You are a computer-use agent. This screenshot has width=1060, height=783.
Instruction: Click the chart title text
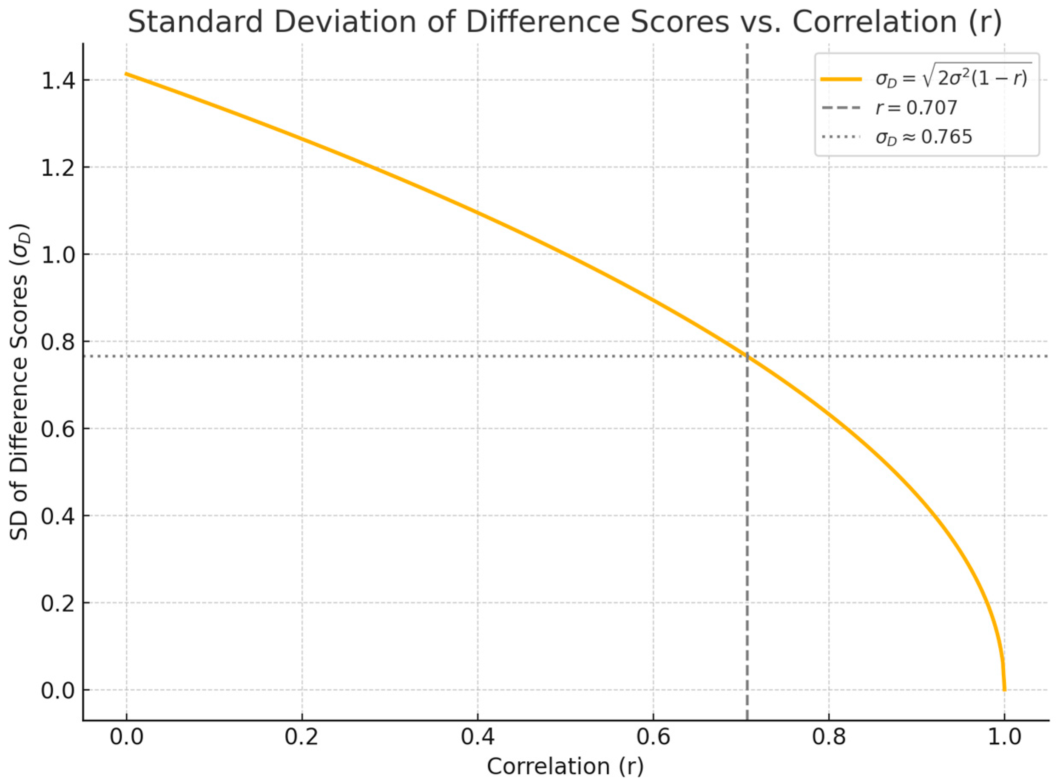click(564, 22)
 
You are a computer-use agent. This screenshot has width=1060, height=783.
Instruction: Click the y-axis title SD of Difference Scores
click(20, 382)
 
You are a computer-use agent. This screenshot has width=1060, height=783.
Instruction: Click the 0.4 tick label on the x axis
click(477, 738)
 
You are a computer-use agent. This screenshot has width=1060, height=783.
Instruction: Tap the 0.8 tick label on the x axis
click(829, 738)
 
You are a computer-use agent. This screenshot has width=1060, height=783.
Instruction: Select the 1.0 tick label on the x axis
click(1004, 738)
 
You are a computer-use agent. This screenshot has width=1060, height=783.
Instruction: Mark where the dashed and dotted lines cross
click(747, 356)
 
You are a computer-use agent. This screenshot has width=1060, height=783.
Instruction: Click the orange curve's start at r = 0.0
click(127, 74)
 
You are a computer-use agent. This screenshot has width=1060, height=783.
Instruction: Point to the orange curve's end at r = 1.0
click(1004, 690)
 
